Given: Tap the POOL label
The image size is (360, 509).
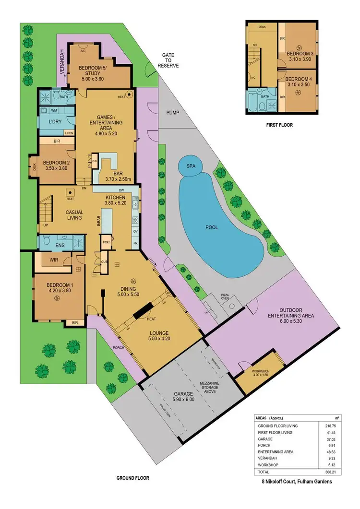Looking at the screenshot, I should coord(212,227).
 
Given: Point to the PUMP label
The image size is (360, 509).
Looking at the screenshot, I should coord(173,113).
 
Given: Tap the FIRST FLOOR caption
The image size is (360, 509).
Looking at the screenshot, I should coord(279,125).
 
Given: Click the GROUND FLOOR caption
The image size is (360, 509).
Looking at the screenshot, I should coord(133,478).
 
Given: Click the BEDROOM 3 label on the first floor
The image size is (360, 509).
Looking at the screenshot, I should coord(300,53).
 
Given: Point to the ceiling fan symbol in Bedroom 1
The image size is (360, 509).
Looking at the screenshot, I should coord(57,299).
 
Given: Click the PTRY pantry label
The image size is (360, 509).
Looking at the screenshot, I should coord(106,243).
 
